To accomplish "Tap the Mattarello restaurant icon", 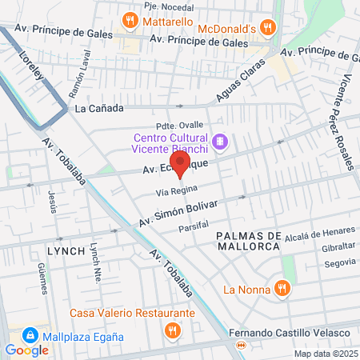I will coord(128,19).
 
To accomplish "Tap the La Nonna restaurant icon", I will coord(281,288).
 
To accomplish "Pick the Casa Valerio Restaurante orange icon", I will coord(171,330).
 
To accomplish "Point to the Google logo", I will coord(26,350).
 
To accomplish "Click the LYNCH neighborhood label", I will coord(66,250).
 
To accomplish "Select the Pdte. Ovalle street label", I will coord(198,126).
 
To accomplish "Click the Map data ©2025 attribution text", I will coord(325,353).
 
